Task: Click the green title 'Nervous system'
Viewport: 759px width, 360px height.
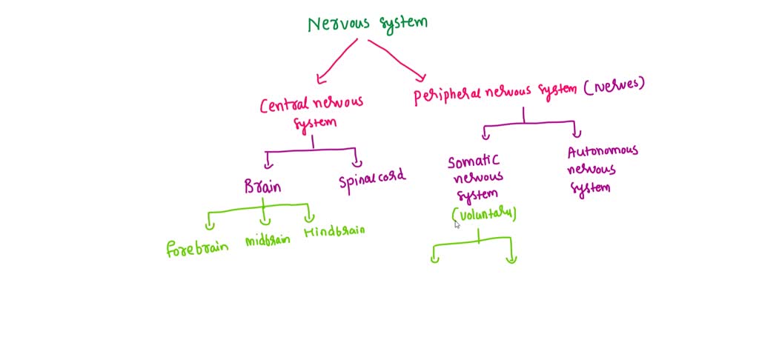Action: (368, 24)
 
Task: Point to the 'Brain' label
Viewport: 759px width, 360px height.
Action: (262, 186)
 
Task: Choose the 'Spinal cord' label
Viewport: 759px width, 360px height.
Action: (372, 181)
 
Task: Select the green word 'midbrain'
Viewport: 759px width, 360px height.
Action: (267, 241)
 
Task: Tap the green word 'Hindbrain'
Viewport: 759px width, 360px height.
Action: (334, 232)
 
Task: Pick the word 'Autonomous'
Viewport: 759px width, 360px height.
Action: (602, 152)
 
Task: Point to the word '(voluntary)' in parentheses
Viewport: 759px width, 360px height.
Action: (484, 214)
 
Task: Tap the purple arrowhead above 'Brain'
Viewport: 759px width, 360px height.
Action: (269, 161)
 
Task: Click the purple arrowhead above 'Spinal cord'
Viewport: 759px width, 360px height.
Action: (357, 161)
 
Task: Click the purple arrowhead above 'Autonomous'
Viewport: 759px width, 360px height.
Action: (576, 132)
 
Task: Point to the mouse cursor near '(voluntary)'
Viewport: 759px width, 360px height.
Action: (457, 224)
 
